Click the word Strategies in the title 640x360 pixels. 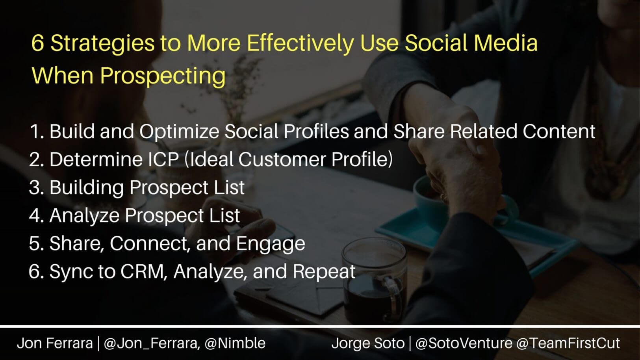(x=102, y=43)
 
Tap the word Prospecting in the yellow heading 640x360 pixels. (x=163, y=76)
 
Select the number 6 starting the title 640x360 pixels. (x=37, y=43)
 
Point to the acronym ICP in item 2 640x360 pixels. (x=163, y=159)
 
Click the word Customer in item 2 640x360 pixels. (x=282, y=159)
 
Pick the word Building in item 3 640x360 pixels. (x=87, y=188)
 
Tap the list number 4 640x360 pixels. (x=36, y=215)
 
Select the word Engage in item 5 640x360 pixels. (x=270, y=244)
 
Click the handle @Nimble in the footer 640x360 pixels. (x=235, y=343)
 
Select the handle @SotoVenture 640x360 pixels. (x=464, y=343)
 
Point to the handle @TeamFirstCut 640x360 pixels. (x=568, y=343)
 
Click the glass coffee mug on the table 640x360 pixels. (x=374, y=283)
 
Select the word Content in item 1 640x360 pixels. (x=559, y=132)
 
